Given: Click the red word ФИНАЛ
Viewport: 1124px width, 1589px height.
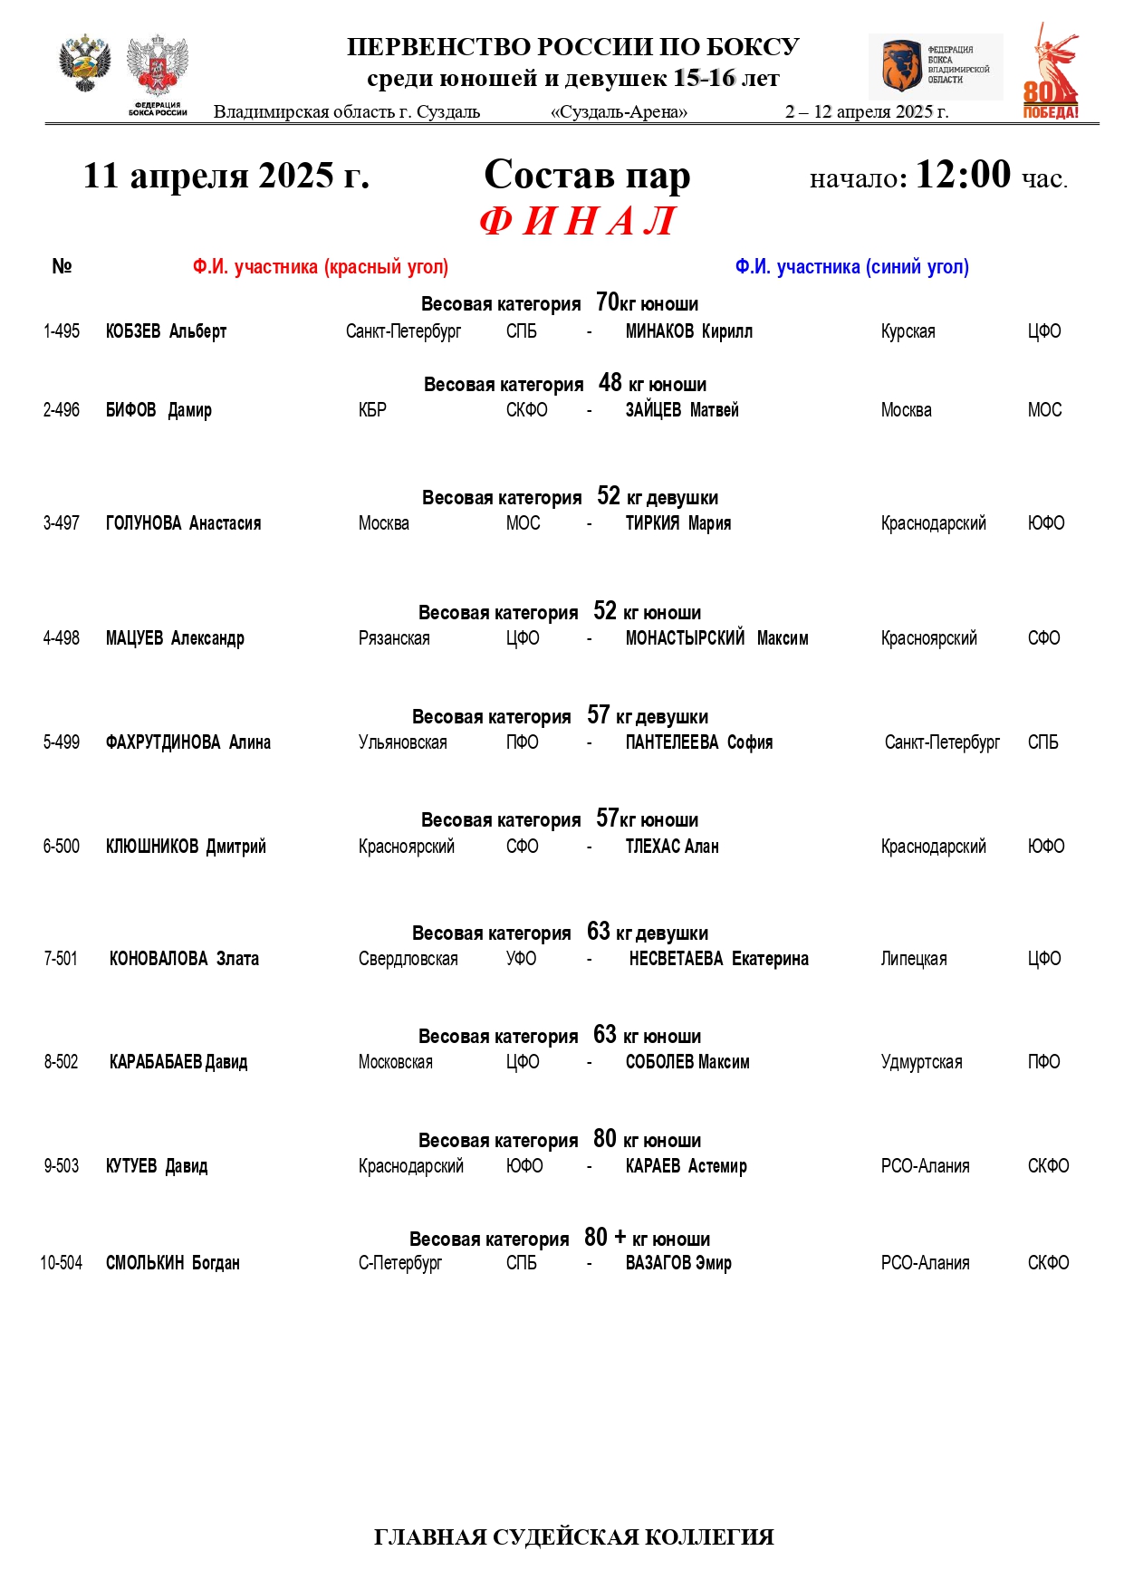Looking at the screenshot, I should [578, 221].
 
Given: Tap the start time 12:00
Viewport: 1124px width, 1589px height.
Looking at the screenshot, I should [962, 174].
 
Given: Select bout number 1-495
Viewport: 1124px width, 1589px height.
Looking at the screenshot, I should [62, 331].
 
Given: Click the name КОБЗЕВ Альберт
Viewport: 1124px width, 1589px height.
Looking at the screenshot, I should [166, 331].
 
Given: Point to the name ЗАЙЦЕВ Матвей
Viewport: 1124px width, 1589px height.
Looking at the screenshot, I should [682, 410].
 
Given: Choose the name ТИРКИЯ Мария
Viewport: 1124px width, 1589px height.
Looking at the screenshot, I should [678, 523].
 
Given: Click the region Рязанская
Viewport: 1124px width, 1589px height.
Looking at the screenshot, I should [394, 638].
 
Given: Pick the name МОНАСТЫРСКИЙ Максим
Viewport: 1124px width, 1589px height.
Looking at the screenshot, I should [716, 638].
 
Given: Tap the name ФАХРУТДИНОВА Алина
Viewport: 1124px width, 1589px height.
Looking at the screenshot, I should [188, 742].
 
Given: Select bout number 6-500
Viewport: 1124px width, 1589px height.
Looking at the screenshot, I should [62, 847].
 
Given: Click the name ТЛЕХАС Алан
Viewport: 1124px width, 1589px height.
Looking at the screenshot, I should [672, 847].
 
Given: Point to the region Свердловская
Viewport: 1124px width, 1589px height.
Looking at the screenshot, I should [408, 959].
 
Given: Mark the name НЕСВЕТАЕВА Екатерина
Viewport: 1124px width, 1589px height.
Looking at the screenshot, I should [718, 959].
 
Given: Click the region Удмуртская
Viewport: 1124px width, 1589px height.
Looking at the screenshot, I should [921, 1062].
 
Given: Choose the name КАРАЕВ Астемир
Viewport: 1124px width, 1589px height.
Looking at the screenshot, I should [686, 1166].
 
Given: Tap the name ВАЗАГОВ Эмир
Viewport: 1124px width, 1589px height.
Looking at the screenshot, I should [678, 1263].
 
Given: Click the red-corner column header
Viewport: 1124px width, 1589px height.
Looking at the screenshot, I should [321, 267].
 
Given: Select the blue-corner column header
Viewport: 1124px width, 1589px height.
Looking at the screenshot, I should [851, 267].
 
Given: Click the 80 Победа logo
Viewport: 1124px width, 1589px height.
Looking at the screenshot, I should [1052, 72].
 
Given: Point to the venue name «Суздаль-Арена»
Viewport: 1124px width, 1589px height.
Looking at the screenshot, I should [619, 112].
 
